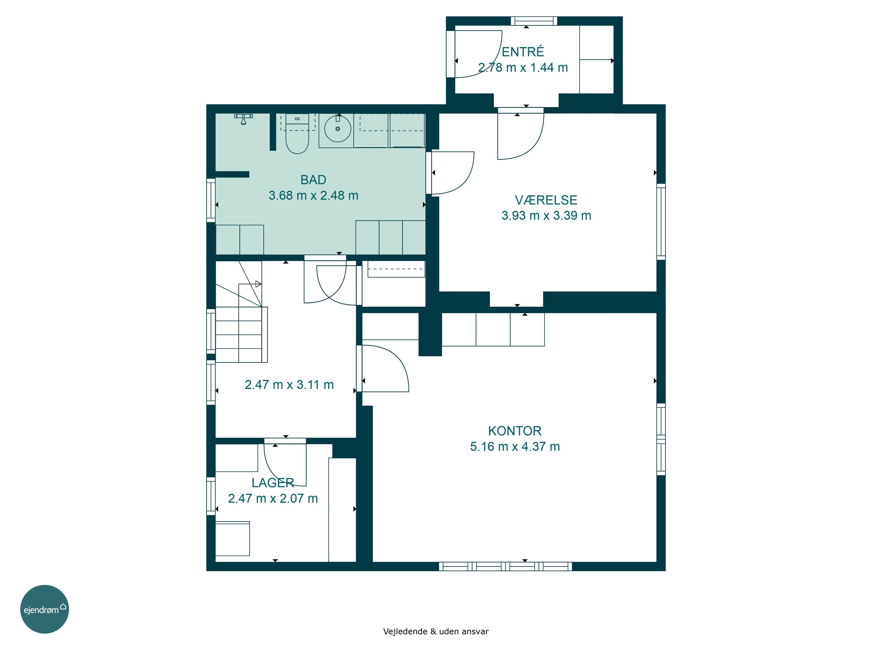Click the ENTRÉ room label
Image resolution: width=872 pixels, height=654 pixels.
523,52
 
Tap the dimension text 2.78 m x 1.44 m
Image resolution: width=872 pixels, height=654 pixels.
523,67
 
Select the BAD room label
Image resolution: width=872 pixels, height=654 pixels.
313,180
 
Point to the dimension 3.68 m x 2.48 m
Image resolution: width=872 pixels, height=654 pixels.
313,196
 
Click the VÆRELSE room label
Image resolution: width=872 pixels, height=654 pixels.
546,200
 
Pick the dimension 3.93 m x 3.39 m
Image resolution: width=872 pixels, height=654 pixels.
546,216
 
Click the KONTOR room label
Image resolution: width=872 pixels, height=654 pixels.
515,431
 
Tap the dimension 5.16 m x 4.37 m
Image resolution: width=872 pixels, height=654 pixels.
515,447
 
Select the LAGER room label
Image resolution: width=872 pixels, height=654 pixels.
273,483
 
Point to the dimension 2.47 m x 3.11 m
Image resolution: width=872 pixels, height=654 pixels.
289,385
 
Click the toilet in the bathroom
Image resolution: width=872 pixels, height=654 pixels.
297,134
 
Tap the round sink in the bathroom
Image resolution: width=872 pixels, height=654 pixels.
337,128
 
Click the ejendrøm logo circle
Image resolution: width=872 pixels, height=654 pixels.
44,609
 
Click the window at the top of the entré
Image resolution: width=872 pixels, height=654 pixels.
534,21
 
